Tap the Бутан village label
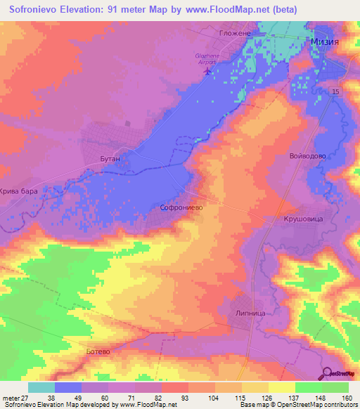tap(111, 160)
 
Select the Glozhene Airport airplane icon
tap(207, 71)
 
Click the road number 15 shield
tap(335, 92)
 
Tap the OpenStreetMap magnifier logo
tap(327, 373)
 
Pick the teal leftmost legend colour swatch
tap(41, 387)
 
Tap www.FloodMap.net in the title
tap(217, 9)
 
